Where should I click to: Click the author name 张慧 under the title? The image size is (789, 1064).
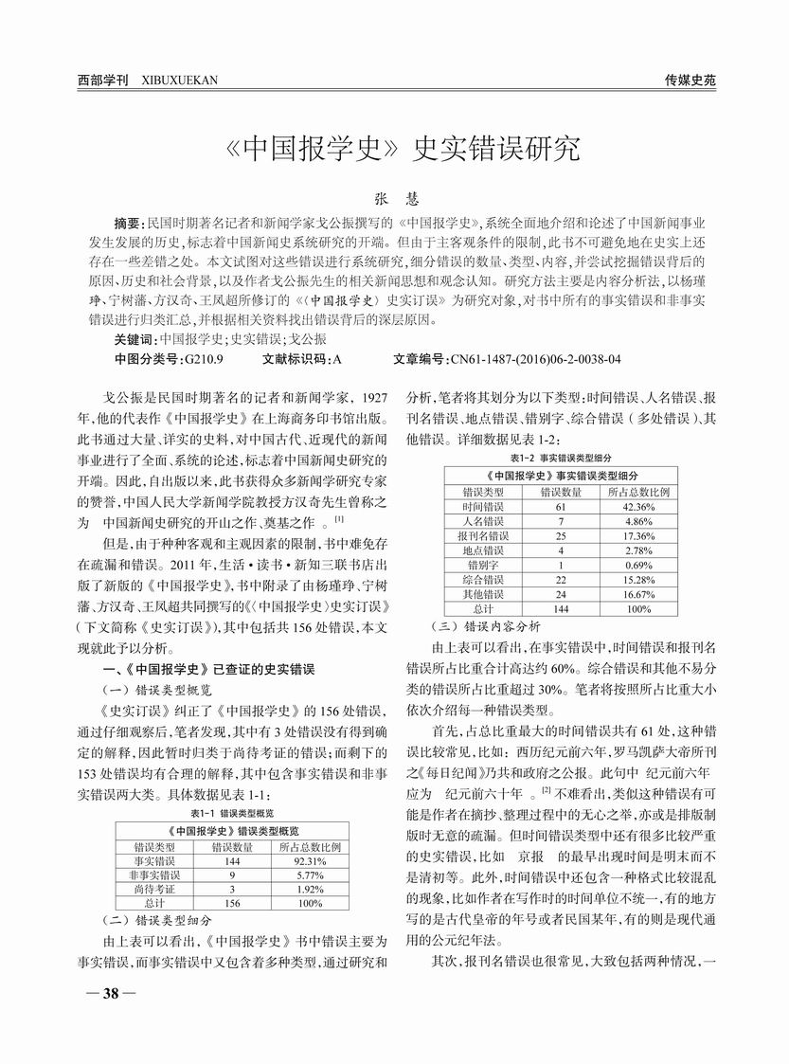pyautogui.click(x=393, y=200)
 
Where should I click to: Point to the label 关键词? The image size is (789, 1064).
pyautogui.click(x=132, y=338)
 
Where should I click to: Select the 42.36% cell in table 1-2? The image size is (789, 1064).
pyautogui.click(x=639, y=508)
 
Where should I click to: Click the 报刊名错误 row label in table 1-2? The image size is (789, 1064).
pyautogui.click(x=481, y=535)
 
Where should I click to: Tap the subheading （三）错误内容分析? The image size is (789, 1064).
pyautogui.click(x=473, y=626)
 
